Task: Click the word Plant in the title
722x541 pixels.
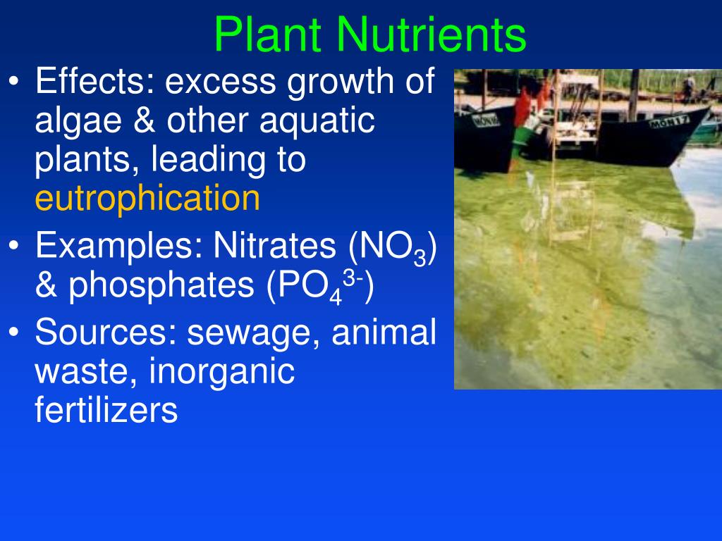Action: [x=267, y=35]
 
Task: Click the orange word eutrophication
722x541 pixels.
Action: [x=147, y=199]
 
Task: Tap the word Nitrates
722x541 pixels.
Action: [x=275, y=245]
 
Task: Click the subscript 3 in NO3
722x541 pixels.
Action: [x=420, y=258]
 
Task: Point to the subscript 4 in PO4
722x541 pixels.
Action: [x=336, y=297]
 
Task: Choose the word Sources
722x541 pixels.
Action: [x=106, y=332]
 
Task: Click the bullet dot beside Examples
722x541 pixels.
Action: [x=14, y=245]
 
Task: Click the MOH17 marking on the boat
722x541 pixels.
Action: [x=669, y=121]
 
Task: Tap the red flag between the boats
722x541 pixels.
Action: [x=522, y=107]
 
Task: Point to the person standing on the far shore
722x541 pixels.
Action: [x=690, y=85]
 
